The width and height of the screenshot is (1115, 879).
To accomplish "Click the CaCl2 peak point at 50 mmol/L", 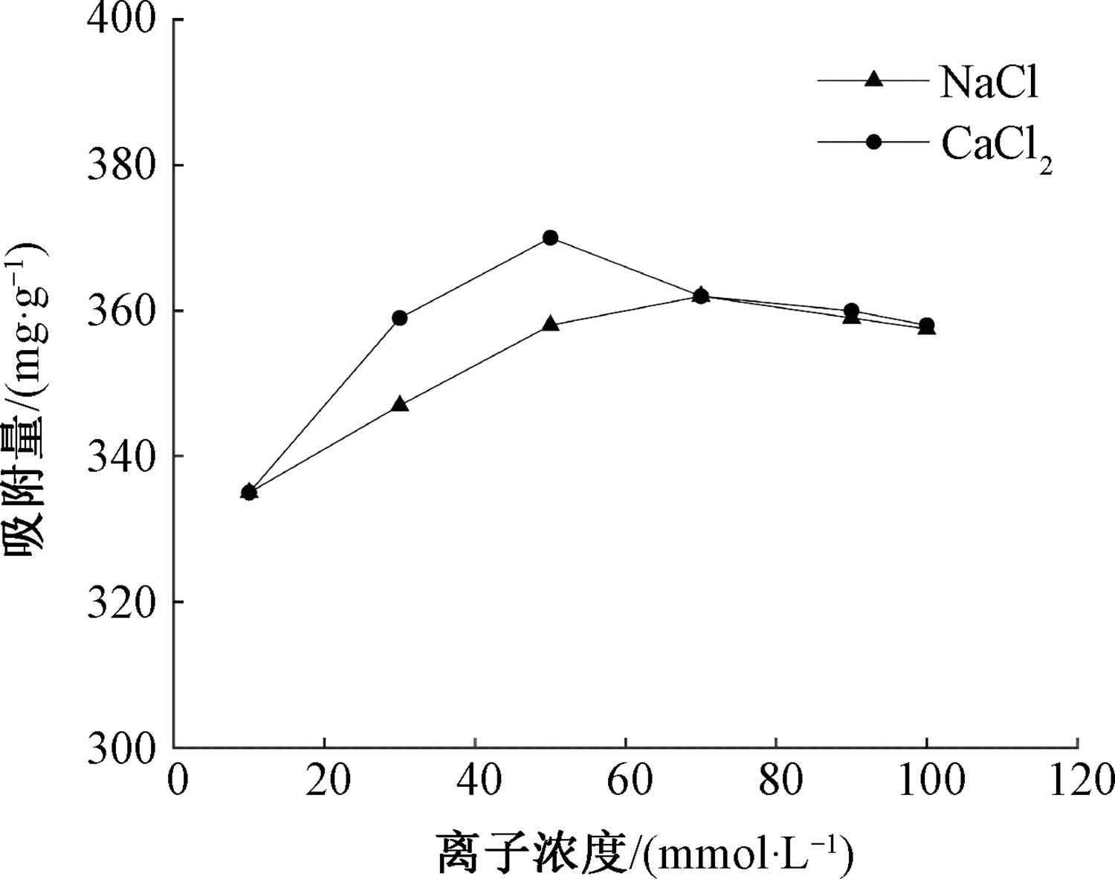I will [x=550, y=238].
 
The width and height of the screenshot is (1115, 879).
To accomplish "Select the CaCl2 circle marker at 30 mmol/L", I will [x=400, y=318].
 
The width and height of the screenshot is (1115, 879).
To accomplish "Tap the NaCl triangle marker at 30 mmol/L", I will [x=400, y=405].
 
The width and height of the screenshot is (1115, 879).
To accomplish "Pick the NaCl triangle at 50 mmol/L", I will [x=550, y=324].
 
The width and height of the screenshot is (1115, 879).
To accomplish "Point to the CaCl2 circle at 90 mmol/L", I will [x=852, y=311].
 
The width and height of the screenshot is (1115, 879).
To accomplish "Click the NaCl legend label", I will [x=989, y=82].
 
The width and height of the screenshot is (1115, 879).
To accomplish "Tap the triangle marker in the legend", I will [x=875, y=80].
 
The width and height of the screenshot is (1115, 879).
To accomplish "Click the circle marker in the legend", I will [x=875, y=142].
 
